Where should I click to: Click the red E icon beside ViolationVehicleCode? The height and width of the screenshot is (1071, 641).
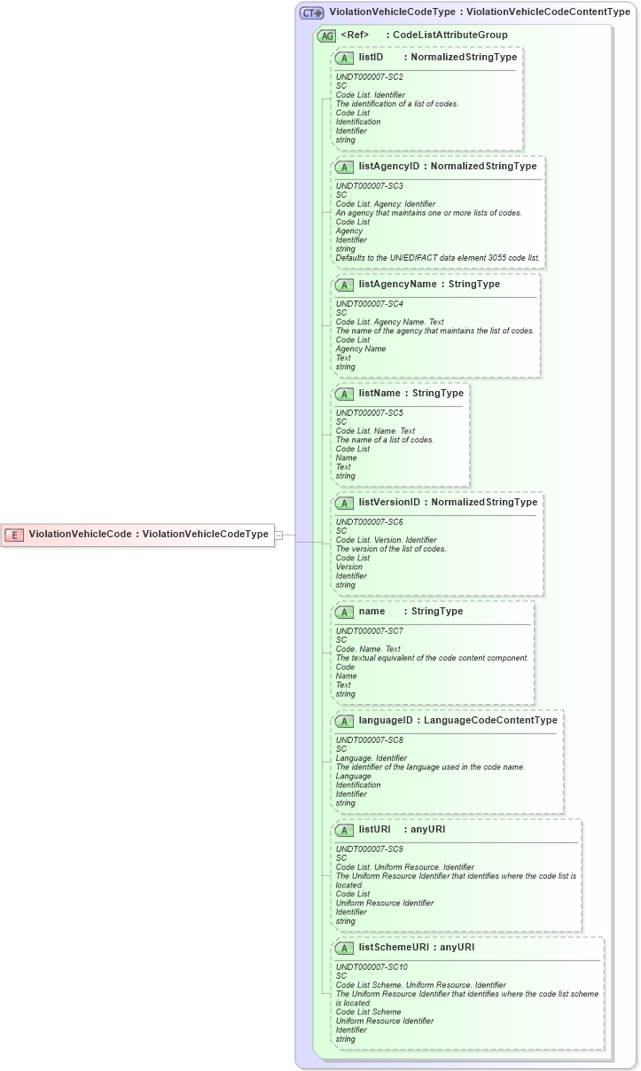click(14, 535)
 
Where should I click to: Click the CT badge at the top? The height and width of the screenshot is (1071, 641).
click(311, 12)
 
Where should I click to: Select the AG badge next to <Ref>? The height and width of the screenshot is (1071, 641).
click(326, 35)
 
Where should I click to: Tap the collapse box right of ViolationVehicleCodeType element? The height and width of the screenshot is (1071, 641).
click(278, 535)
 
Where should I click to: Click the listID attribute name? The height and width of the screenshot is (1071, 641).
click(371, 57)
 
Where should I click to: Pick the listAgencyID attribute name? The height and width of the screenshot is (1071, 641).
click(388, 166)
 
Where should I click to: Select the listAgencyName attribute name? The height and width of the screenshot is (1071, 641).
click(397, 284)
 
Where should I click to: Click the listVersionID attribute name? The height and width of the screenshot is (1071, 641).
click(389, 502)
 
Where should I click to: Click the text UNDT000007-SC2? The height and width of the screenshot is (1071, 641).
click(369, 77)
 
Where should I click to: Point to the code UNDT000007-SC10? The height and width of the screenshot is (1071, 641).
click(371, 967)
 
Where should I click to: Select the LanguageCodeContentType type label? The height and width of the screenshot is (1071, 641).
click(490, 720)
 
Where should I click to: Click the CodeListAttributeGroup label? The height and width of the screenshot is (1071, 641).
click(449, 35)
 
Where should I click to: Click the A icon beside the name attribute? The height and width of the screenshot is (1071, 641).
click(345, 612)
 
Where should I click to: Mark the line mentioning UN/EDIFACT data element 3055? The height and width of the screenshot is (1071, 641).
click(437, 258)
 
